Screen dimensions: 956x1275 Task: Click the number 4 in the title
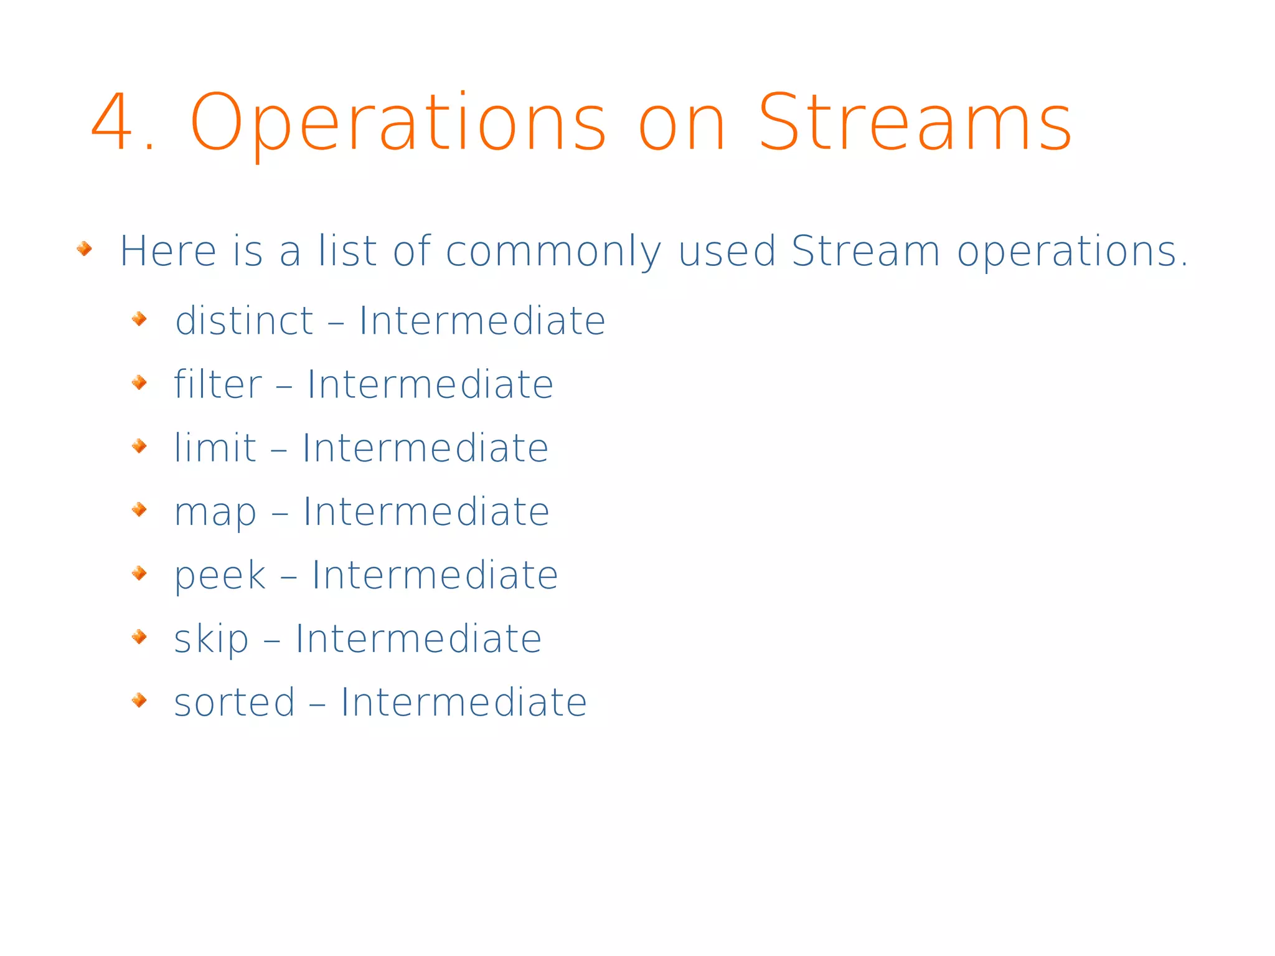click(x=113, y=122)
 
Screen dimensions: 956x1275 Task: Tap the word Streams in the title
click(x=915, y=122)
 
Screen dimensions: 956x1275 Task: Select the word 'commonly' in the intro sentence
click(x=553, y=252)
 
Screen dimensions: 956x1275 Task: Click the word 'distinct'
click(x=244, y=321)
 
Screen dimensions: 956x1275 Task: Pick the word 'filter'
click(x=218, y=384)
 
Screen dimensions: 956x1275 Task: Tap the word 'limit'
click(x=215, y=448)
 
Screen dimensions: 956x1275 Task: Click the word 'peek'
click(x=220, y=575)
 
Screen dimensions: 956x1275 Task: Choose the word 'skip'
click(x=211, y=640)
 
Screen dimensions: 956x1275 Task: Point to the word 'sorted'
click(x=234, y=703)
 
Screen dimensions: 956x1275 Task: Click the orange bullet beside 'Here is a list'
click(x=84, y=250)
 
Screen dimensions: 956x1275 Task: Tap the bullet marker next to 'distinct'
click(x=139, y=319)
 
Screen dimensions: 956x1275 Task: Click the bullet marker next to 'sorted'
click(x=139, y=701)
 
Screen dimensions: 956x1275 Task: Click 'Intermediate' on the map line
click(x=426, y=511)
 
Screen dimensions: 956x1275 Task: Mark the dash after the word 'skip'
click(x=272, y=640)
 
